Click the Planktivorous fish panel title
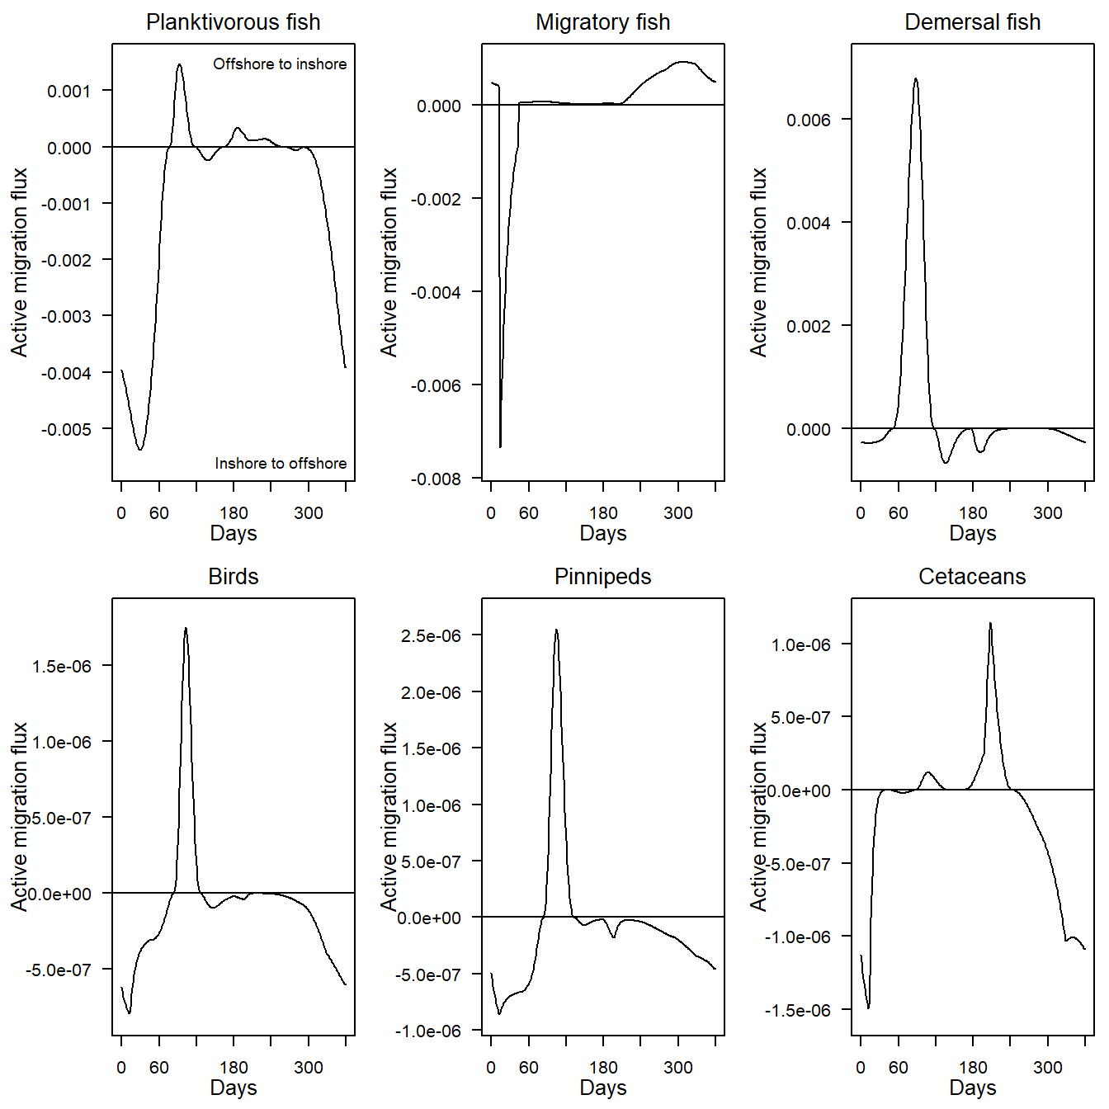(233, 22)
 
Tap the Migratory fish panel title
(602, 22)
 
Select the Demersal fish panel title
(972, 22)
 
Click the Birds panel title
(233, 577)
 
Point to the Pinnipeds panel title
(602, 577)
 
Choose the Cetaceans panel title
(972, 577)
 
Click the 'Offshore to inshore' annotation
(280, 64)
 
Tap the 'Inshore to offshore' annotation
(281, 464)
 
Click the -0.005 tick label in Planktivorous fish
(66, 430)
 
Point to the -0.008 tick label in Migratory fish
(436, 479)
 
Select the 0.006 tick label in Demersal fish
(808, 120)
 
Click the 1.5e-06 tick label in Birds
(61, 667)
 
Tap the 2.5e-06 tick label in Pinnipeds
(431, 636)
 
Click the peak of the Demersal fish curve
(915, 78)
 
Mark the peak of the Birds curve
(186, 628)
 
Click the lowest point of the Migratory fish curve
(500, 447)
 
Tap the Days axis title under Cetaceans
(972, 1088)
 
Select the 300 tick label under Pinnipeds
(677, 1068)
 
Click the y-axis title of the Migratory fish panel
(389, 262)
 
